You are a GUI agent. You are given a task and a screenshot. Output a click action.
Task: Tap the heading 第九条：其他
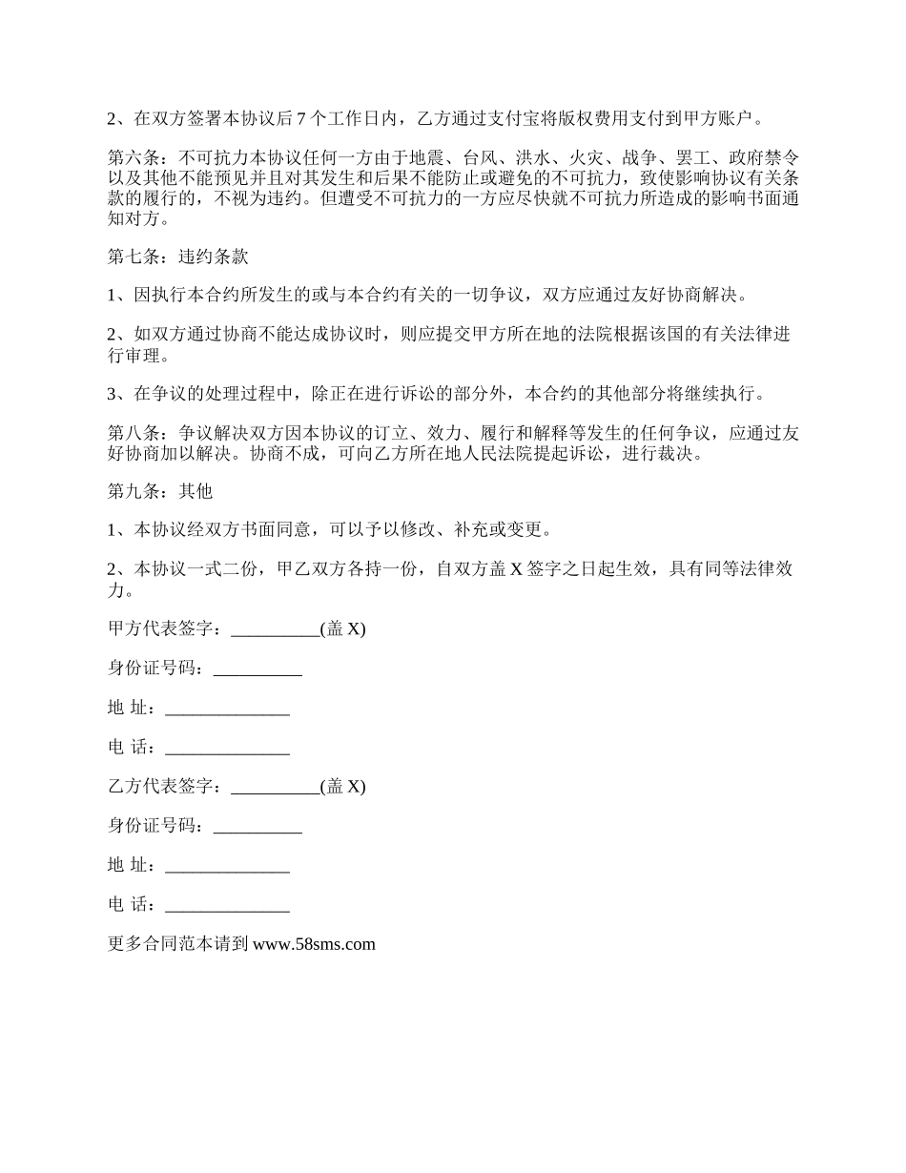[159, 491]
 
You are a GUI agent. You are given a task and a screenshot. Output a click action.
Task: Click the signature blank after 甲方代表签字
[276, 629]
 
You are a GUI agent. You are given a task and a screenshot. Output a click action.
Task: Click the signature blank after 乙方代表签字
[276, 787]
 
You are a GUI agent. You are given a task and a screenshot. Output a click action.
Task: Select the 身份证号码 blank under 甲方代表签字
[257, 669]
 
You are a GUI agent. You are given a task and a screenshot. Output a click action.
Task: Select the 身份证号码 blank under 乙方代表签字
[257, 827]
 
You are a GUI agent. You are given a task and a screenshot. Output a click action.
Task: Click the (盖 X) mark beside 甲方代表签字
[343, 629]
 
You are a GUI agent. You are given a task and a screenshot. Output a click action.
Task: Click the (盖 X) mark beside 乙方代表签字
[343, 787]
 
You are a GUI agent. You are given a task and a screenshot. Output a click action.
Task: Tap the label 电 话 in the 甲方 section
[130, 748]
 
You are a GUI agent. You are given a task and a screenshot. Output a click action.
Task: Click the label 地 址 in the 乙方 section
[130, 865]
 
